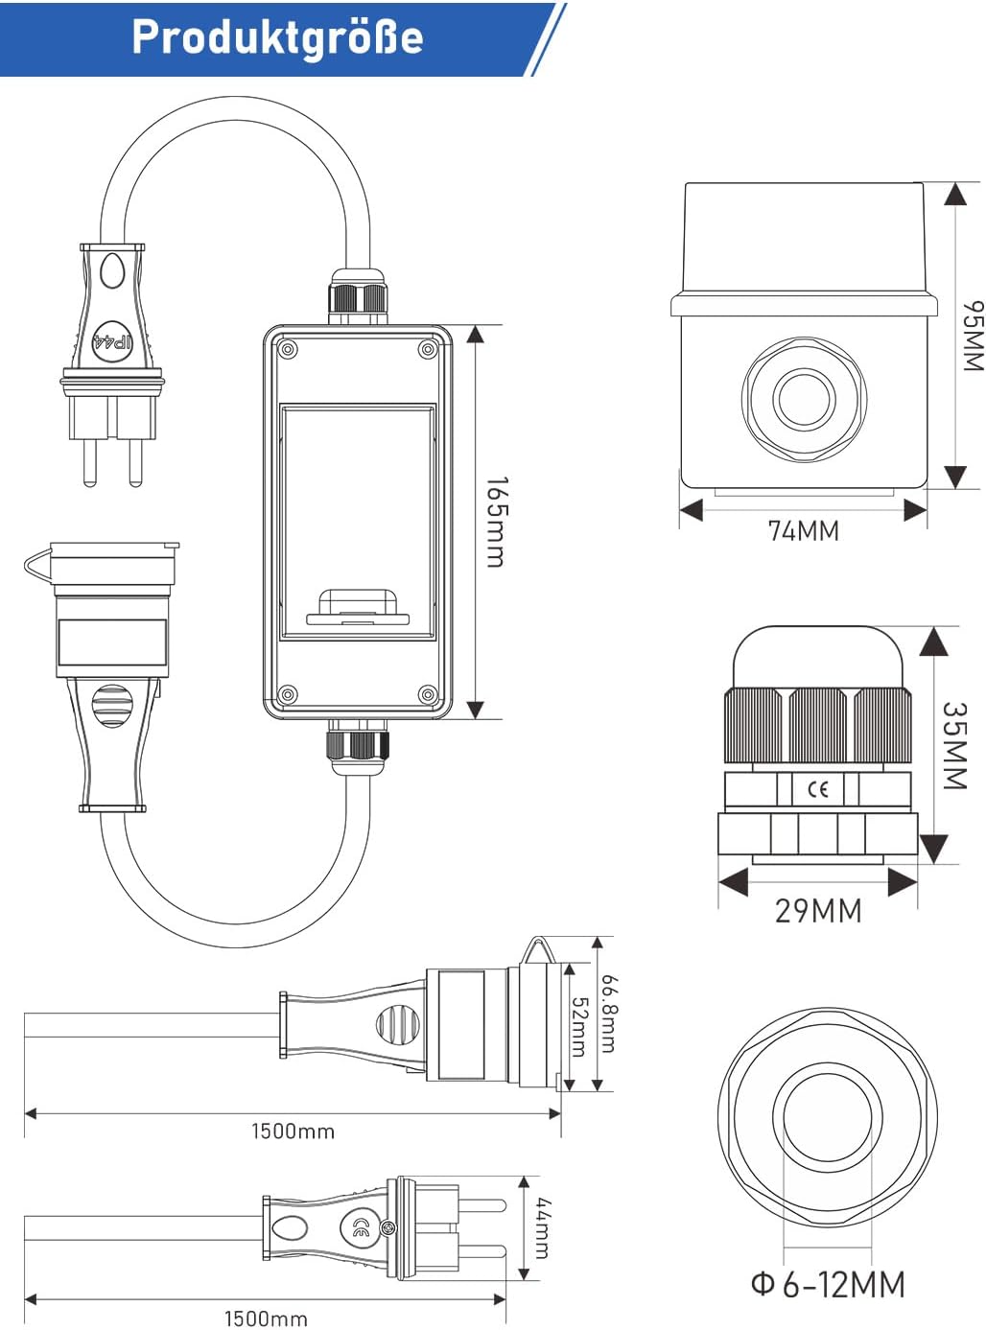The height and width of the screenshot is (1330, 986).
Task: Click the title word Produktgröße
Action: [276, 37]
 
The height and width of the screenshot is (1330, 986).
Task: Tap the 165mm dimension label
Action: [495, 522]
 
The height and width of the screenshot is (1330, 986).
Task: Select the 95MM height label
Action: [971, 336]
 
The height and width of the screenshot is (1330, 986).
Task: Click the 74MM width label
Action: [803, 530]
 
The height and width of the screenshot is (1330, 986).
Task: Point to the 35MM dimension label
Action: [953, 745]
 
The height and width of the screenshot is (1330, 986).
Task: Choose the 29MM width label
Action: [817, 910]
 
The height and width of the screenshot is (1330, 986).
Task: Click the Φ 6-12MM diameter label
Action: [827, 1284]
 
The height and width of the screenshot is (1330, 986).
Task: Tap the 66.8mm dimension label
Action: [609, 1014]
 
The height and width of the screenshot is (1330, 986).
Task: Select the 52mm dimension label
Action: [579, 1027]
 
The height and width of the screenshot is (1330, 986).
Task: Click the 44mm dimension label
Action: [543, 1227]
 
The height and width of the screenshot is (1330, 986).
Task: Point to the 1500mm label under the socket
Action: [293, 1132]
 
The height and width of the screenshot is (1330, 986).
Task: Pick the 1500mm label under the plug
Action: [266, 1318]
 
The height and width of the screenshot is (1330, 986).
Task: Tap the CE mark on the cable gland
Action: [817, 789]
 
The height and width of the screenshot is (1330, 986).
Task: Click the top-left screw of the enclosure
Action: [287, 350]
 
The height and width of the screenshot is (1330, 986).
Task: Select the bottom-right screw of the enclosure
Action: [428, 694]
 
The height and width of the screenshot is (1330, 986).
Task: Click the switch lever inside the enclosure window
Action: [357, 607]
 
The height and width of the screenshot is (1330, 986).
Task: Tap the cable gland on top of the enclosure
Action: [359, 295]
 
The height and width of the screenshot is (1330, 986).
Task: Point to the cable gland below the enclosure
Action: [359, 745]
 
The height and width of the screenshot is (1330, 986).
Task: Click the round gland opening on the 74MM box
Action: [804, 397]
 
